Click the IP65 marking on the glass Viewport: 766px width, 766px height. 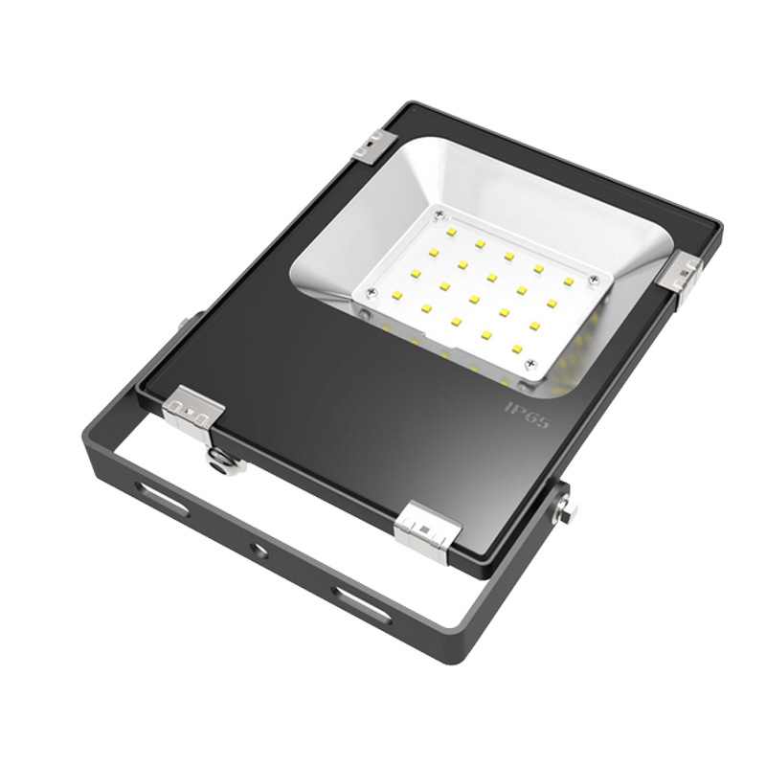[x=527, y=416]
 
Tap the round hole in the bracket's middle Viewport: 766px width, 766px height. [x=259, y=552]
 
